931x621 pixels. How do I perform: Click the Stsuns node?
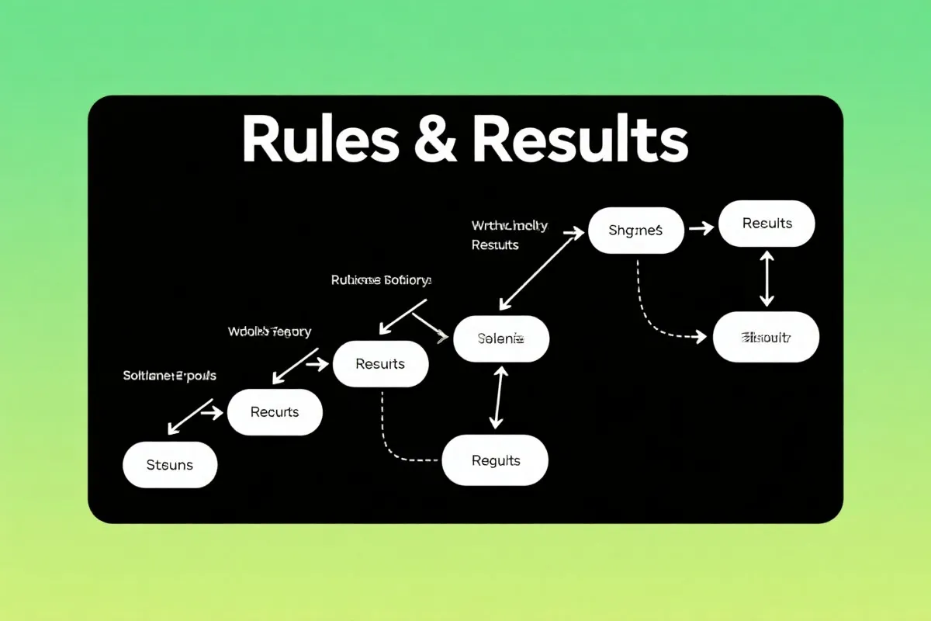click(x=170, y=465)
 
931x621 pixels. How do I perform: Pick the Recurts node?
click(x=275, y=412)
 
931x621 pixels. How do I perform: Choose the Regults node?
click(x=495, y=460)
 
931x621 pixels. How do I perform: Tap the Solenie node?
click(x=501, y=339)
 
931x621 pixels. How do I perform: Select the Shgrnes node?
click(x=636, y=230)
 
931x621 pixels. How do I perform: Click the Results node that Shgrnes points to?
click(x=767, y=224)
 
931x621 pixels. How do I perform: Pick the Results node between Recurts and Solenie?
click(x=380, y=363)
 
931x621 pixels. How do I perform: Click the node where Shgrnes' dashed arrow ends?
click(x=766, y=338)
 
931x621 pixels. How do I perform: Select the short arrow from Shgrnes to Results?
click(x=701, y=228)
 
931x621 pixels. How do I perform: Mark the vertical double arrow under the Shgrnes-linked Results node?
click(x=767, y=278)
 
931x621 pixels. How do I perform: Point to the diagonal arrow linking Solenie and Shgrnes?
click(x=541, y=268)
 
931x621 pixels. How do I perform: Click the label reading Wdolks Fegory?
click(x=269, y=331)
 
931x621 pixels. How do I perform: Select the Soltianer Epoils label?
click(x=169, y=376)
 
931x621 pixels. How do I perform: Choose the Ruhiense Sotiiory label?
click(x=381, y=280)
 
